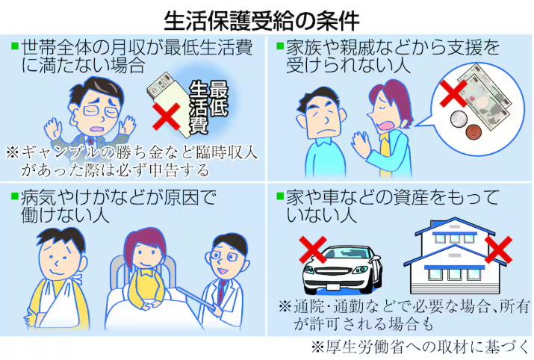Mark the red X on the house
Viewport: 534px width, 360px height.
click(x=498, y=249)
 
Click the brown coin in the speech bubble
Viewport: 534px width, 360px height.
click(x=474, y=131)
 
